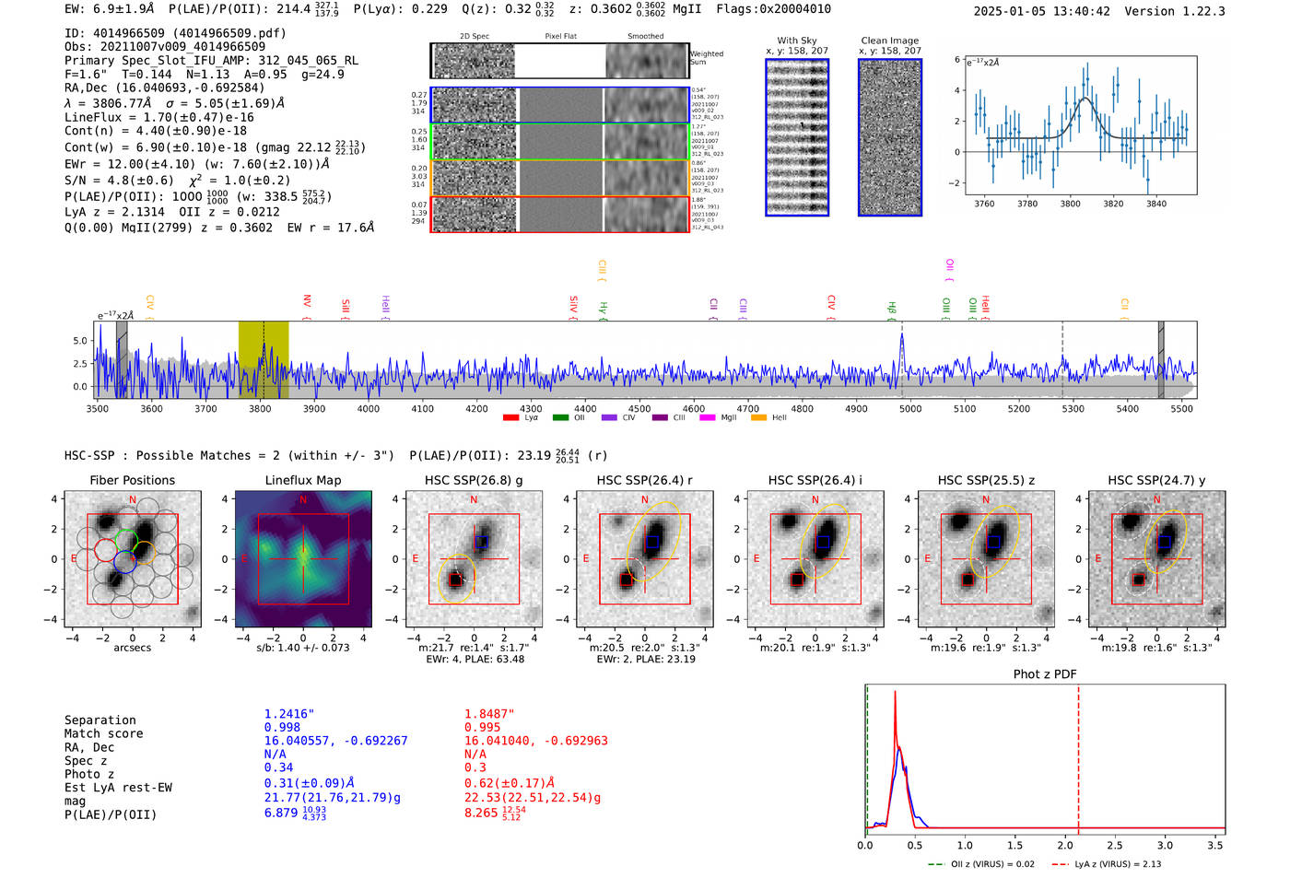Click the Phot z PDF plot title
click(1045, 674)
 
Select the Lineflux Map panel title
click(302, 480)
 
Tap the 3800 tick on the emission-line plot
click(1070, 204)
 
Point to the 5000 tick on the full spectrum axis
click(910, 408)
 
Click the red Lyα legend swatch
click(510, 418)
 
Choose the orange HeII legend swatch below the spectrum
click(758, 418)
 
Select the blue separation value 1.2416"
click(289, 714)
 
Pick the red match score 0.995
click(483, 727)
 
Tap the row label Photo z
click(89, 774)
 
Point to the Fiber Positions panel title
click(132, 480)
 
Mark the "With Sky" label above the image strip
click(797, 41)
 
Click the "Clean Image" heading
click(889, 41)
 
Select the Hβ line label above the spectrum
click(891, 308)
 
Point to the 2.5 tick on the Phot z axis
click(1115, 845)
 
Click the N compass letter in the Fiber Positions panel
click(133, 500)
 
